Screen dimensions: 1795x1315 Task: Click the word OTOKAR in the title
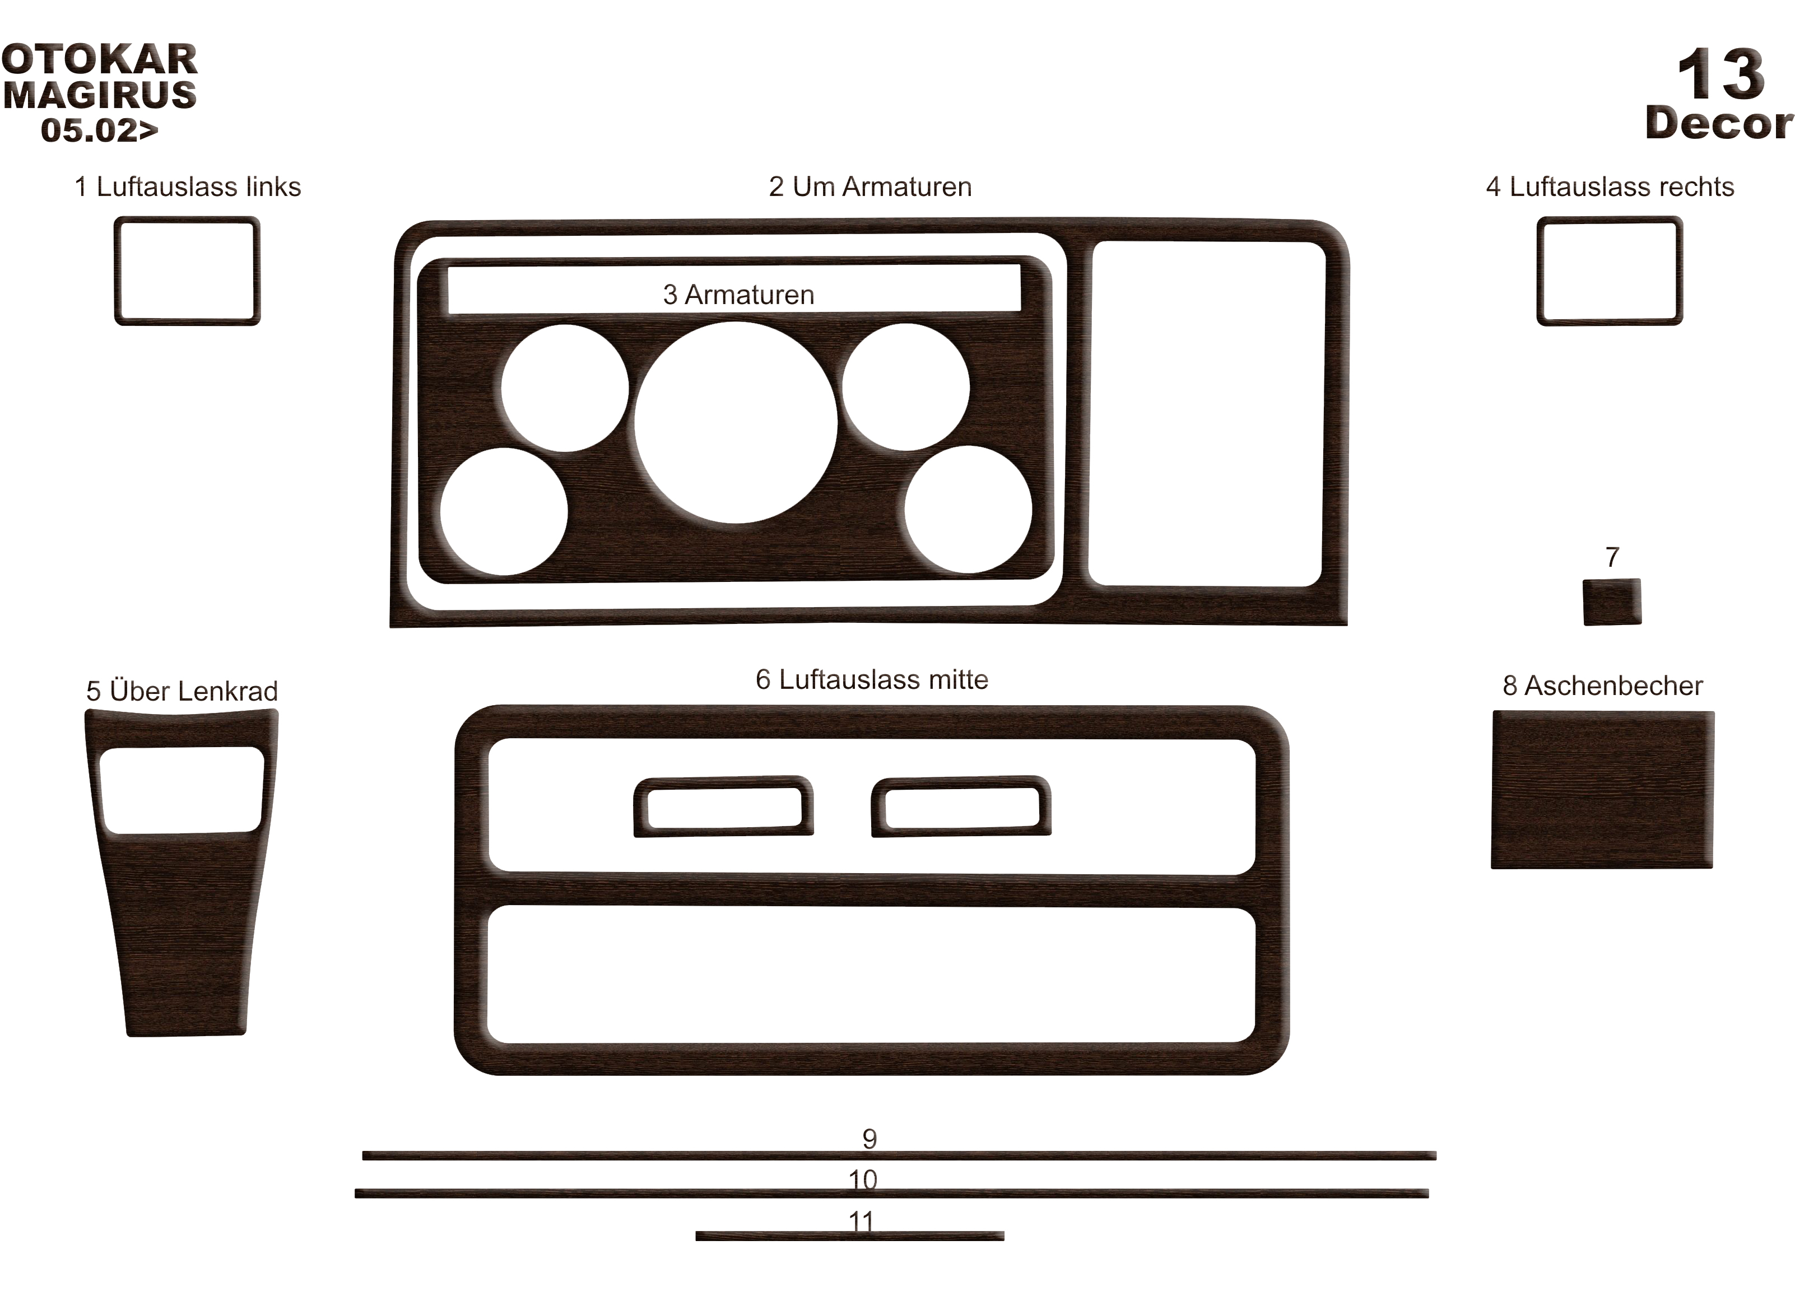100,60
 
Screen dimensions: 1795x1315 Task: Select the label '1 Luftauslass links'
188,186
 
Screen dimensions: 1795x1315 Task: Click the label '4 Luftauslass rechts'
1610,186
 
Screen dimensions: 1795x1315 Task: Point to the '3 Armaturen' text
738,295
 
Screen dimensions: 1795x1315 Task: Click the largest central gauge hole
736,423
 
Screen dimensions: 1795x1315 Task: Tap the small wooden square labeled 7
1612,602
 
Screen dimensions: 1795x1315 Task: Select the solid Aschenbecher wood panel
1602,789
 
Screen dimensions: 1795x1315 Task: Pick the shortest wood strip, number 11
850,1236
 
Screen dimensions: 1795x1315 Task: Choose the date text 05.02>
100,130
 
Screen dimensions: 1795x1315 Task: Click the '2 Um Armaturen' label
871,186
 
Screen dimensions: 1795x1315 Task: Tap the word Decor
1719,123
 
